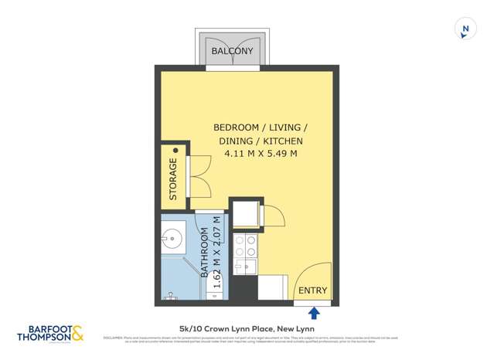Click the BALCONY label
pyautogui.click(x=232, y=51)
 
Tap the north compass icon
pyautogui.click(x=465, y=29)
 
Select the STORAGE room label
pyautogui.click(x=173, y=178)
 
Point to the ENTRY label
pyautogui.click(x=313, y=291)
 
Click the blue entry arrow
pyautogui.click(x=313, y=313)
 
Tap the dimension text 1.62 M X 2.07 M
pyautogui.click(x=217, y=256)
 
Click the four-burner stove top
pyautogui.click(x=246, y=246)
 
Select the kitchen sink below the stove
pyautogui.click(x=245, y=267)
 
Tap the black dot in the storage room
pyautogui.click(x=175, y=151)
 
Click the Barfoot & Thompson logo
pyautogui.click(x=52, y=334)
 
